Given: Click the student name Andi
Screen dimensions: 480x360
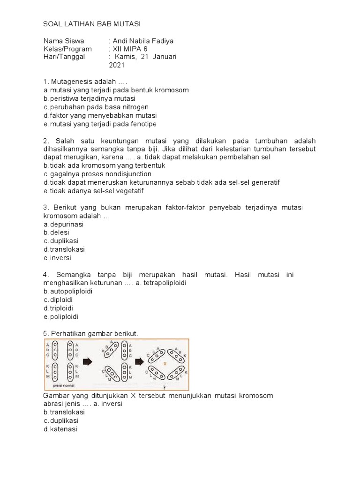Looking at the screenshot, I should coord(121,41).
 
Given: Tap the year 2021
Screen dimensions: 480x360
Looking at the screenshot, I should coord(117,66).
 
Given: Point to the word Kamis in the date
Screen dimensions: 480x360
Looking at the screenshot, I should coord(124,57).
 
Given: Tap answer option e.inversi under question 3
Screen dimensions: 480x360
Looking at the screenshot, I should coord(57,258).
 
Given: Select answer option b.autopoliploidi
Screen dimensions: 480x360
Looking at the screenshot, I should coord(68,291).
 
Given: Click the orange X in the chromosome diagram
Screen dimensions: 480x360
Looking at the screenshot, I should coord(165,364).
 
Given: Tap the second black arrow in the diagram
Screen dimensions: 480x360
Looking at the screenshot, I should coord(140,361).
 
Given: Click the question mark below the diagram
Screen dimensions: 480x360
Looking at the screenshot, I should coord(164,388).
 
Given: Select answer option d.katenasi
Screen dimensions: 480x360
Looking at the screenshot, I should coord(60,429).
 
